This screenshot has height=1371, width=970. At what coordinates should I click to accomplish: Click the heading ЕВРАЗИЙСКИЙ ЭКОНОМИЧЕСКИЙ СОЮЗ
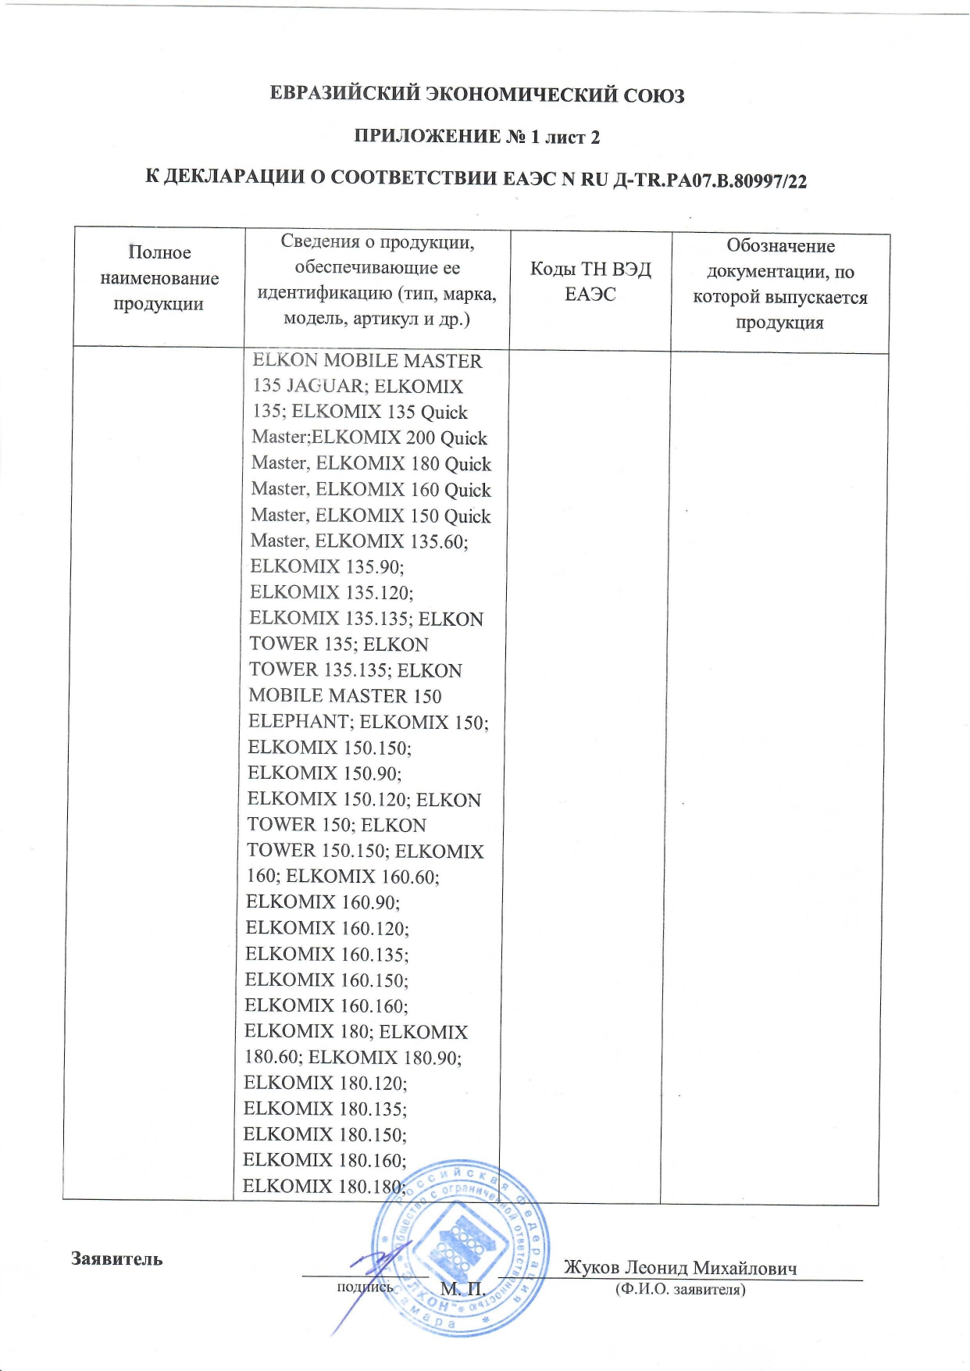coord(476,95)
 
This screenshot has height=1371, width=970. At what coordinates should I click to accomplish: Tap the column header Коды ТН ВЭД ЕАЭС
coord(590,282)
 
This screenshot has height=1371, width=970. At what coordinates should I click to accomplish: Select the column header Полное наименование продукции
coord(159,278)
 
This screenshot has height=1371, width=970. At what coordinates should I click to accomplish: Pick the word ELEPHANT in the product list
coord(298,721)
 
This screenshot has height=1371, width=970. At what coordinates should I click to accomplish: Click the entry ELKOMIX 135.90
coord(326,566)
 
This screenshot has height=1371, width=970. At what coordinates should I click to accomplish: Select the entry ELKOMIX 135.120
coord(331,592)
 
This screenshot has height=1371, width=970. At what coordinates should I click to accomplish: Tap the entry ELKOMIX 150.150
coord(329,748)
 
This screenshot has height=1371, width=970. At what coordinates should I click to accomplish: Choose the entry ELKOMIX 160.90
coord(323,902)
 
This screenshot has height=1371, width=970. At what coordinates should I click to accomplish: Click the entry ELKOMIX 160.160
coord(326,1005)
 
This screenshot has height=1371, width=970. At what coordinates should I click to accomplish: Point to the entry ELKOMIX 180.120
coord(326,1083)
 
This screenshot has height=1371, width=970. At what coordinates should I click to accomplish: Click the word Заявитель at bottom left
coord(117,1259)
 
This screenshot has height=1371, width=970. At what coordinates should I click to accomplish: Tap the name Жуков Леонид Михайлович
coord(680,1267)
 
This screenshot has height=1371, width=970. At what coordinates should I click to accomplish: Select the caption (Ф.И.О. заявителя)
coord(680,1289)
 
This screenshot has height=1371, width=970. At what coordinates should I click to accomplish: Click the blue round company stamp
coord(460,1247)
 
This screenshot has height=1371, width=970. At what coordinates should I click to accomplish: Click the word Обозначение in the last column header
coord(780,246)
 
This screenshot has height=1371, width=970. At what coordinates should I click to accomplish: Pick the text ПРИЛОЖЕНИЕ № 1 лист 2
coord(476,137)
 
